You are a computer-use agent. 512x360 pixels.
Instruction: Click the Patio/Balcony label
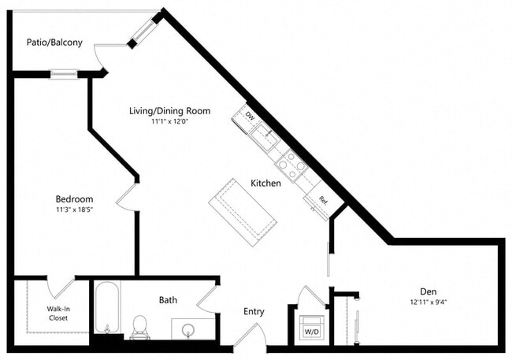[54, 43]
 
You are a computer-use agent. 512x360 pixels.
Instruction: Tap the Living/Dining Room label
[169, 111]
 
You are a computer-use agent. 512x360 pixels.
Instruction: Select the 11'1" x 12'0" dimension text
[169, 122]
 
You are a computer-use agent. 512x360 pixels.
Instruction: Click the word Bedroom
[74, 199]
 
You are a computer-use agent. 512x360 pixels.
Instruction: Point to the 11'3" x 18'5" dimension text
[74, 210]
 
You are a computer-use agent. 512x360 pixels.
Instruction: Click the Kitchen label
[265, 183]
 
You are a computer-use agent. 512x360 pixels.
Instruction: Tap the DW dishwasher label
[250, 117]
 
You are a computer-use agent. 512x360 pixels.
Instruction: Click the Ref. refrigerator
[322, 201]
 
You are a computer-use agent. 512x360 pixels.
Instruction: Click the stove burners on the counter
[291, 165]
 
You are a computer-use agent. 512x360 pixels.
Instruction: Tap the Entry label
[253, 312]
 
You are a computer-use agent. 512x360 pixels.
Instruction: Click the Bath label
[168, 300]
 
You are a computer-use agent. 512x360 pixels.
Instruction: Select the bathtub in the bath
[106, 310]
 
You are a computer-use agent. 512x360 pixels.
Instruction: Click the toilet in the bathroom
[140, 325]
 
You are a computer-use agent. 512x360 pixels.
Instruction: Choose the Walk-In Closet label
[58, 313]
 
